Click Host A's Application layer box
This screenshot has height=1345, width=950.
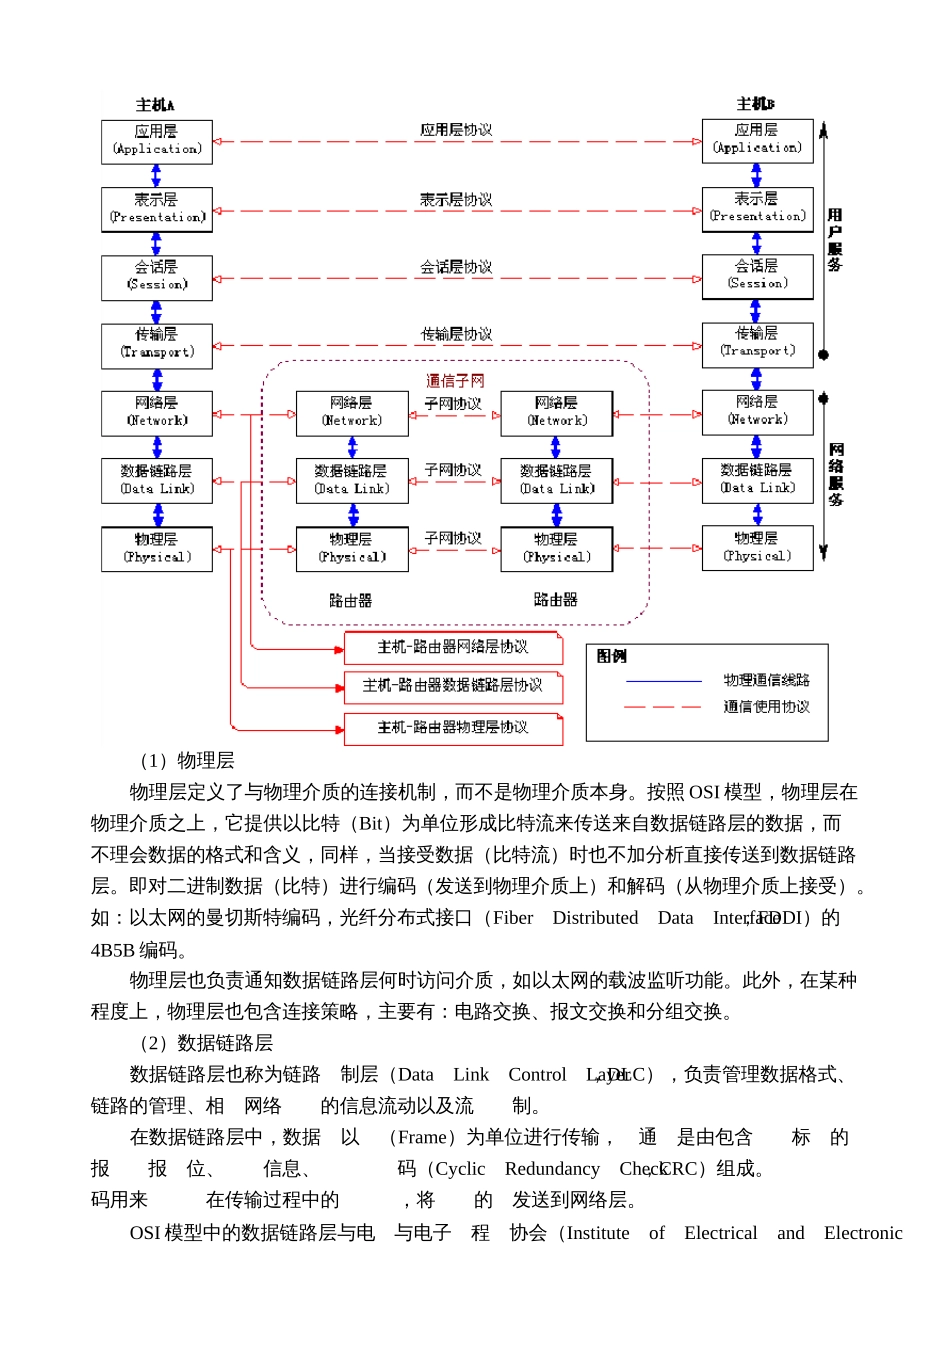[157, 140]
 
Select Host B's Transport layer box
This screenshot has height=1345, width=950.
[757, 342]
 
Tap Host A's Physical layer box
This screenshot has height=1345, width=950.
[157, 548]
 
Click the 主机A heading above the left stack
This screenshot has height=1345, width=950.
[155, 105]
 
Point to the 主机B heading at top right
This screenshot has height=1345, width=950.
[755, 104]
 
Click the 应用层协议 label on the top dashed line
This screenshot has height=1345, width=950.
[455, 130]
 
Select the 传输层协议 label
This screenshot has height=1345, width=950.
[455, 334]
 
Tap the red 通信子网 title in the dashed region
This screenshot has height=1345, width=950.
[455, 381]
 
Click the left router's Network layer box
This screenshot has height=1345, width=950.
[352, 412]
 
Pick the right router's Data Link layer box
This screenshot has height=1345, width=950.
[556, 480]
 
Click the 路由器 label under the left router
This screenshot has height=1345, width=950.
[350, 600]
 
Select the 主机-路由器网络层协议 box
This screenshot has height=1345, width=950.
[453, 648]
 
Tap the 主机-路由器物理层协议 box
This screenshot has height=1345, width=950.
[453, 728]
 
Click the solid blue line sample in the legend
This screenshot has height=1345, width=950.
[663, 681]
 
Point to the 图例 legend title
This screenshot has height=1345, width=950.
[611, 656]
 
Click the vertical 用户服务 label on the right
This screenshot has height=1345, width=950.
[835, 240]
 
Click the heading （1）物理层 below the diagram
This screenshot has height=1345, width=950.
[186, 761]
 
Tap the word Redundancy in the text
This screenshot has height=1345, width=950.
[551, 1169]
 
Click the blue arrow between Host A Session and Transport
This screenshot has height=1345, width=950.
[156, 312]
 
